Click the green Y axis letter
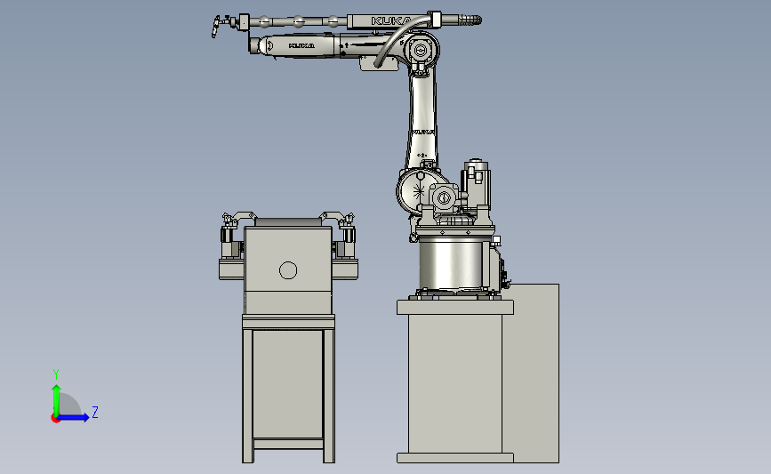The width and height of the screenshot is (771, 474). [56, 374]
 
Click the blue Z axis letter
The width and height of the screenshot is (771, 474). [95, 412]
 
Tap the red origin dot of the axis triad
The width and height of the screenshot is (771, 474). [55, 419]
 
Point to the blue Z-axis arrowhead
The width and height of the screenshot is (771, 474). [85, 417]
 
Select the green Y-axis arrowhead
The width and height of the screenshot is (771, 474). [57, 390]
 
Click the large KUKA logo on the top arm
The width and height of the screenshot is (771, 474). [392, 20]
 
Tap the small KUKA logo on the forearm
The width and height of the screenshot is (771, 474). [301, 45]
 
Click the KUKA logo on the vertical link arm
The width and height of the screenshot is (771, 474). [423, 132]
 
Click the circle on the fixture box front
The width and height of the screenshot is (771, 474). [288, 270]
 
